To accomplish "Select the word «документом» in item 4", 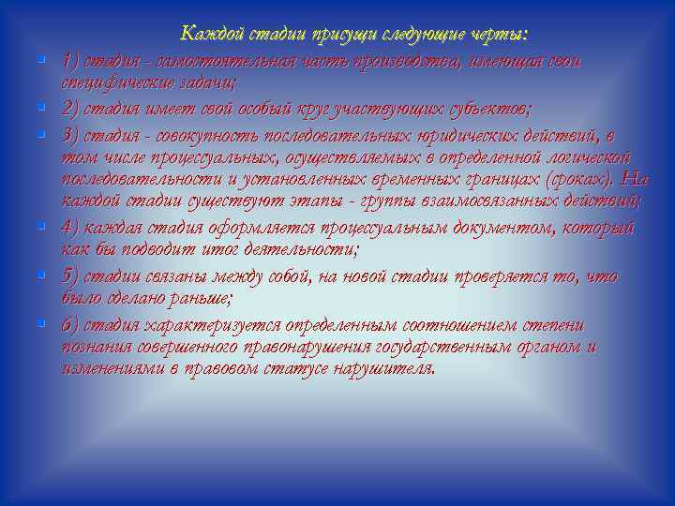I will (x=485, y=227).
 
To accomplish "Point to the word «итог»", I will (x=222, y=250).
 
